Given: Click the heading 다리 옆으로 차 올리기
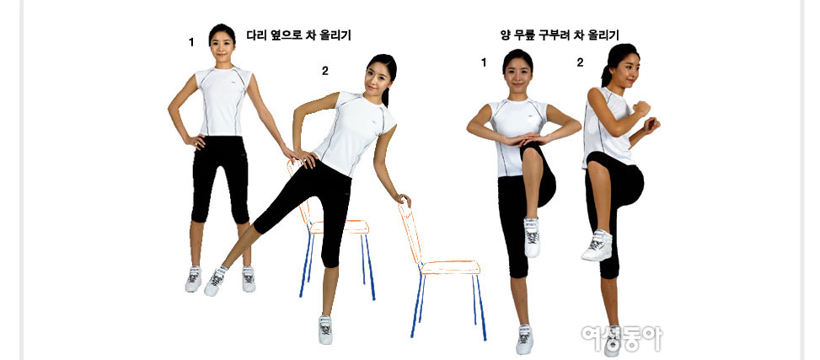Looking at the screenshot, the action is pyautogui.click(x=298, y=35).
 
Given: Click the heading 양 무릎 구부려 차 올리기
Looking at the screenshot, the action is pyautogui.click(x=560, y=35).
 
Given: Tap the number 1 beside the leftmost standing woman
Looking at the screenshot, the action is pyautogui.click(x=191, y=42).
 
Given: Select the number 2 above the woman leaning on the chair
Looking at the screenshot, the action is pyautogui.click(x=324, y=71).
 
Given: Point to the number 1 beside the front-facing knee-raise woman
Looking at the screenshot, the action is pyautogui.click(x=484, y=62).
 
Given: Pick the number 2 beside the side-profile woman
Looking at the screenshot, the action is pyautogui.click(x=580, y=62).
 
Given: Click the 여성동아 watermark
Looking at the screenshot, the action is pyautogui.click(x=622, y=339).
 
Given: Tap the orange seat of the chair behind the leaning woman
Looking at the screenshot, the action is pyautogui.click(x=340, y=227).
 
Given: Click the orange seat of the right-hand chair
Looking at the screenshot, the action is pyautogui.click(x=451, y=267).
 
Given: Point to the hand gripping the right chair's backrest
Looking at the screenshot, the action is pyautogui.click(x=403, y=200).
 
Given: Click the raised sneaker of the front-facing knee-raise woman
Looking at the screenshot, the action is pyautogui.click(x=532, y=237).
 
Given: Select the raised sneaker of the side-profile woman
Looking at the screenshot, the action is pyautogui.click(x=598, y=245).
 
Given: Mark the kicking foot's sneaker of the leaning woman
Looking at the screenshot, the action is pyautogui.click(x=215, y=281).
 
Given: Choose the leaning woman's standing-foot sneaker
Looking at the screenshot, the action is pyautogui.click(x=325, y=330).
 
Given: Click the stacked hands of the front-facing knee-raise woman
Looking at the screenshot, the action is pyautogui.click(x=524, y=139).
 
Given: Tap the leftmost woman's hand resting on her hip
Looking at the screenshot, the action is pyautogui.click(x=196, y=141).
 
